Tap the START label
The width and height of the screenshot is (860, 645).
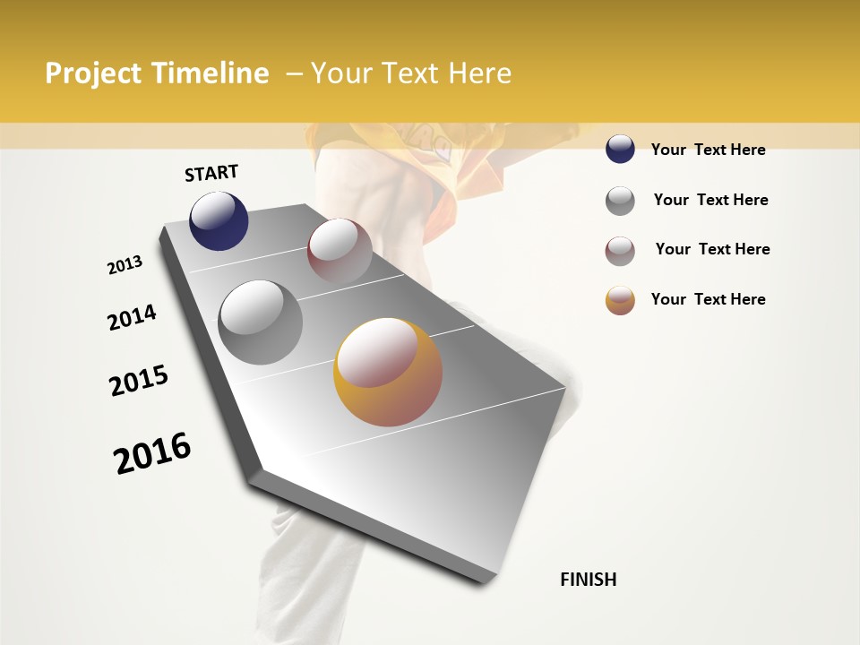tap(211, 173)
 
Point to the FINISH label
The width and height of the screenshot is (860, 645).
tap(588, 580)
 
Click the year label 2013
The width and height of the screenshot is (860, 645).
tap(125, 265)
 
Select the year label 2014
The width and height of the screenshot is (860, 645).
tap(132, 318)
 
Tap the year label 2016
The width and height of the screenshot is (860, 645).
tap(152, 453)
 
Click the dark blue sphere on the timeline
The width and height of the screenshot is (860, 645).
tap(219, 220)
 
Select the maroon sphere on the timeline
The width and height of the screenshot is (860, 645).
tap(340, 251)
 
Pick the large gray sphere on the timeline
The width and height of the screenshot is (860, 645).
tap(261, 322)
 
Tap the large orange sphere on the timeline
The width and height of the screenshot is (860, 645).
tap(388, 372)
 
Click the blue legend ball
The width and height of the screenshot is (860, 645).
tap(620, 150)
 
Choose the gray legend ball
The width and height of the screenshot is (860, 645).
tap(620, 201)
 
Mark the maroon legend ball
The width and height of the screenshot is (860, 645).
tap(620, 251)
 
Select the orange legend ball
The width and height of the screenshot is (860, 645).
tap(620, 300)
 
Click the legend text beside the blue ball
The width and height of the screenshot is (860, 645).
tap(708, 150)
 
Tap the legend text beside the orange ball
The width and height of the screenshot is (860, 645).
tap(708, 299)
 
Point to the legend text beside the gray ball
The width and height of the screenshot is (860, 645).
tap(710, 200)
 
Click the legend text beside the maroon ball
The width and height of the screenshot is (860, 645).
tap(712, 249)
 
